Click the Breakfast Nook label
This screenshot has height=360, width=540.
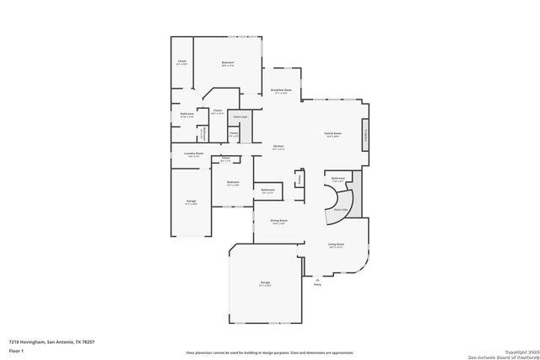pyautogui.click(x=281, y=91)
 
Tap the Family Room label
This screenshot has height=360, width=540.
pyautogui.click(x=333, y=134)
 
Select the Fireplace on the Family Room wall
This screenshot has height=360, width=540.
pyautogui.click(x=364, y=137)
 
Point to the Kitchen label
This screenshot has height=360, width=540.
pyautogui.click(x=278, y=148)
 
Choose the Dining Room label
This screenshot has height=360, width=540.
pyautogui.click(x=278, y=222)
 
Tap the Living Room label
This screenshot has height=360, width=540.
pyautogui.click(x=336, y=245)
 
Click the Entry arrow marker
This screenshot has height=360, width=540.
pyautogui.click(x=317, y=281)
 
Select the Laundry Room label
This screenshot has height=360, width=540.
pyautogui.click(x=194, y=154)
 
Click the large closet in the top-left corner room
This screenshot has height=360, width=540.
pyautogui.click(x=182, y=62)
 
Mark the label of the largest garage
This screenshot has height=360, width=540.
pyautogui.click(x=265, y=285)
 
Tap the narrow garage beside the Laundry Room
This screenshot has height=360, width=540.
pyautogui.click(x=191, y=202)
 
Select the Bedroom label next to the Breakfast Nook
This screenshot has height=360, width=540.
pyautogui.click(x=228, y=62)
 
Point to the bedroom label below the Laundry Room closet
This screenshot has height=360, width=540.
pyautogui.click(x=232, y=183)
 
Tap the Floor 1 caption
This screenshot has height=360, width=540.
pyautogui.click(x=14, y=350)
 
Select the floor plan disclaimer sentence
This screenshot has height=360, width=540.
pyautogui.click(x=269, y=351)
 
